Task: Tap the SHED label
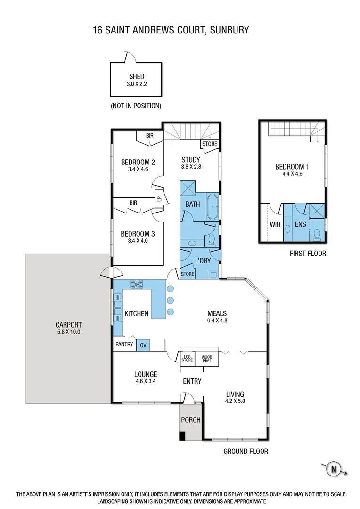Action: pos(137,77)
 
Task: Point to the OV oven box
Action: pos(144,345)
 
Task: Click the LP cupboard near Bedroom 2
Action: pos(159,200)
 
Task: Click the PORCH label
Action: pos(191,420)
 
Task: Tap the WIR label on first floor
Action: pos(275,225)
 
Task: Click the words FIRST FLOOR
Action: pos(308,254)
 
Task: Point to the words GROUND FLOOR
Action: pos(245,452)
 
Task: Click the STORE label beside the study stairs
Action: pos(210,144)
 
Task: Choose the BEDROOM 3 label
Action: pos(138,234)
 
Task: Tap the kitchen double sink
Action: pos(117,307)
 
